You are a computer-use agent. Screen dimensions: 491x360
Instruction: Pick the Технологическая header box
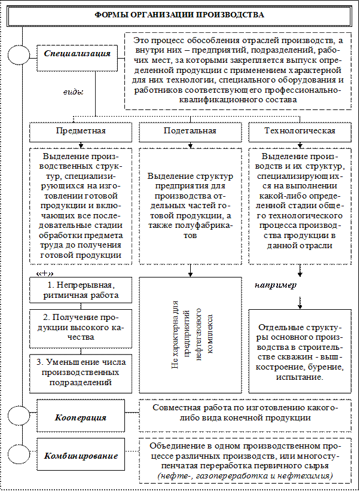click(299, 130)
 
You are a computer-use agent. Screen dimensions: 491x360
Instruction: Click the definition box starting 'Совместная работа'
click(245, 412)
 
